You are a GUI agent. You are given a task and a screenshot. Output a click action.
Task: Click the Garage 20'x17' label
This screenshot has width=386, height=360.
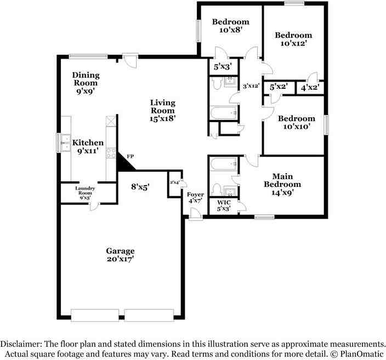click(x=121, y=255)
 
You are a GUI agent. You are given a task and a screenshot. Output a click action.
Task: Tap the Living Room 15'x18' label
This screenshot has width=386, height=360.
click(x=162, y=111)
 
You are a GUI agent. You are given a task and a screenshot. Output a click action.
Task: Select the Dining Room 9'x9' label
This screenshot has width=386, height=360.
click(x=86, y=83)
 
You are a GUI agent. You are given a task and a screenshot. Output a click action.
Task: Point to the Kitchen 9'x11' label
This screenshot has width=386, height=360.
click(x=88, y=146)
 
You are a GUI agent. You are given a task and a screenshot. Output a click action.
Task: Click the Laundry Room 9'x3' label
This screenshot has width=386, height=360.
click(x=85, y=193)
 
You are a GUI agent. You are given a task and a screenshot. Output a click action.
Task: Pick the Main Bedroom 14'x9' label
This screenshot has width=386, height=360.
click(x=282, y=184)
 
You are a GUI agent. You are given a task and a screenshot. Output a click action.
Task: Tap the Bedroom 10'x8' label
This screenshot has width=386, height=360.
click(x=231, y=26)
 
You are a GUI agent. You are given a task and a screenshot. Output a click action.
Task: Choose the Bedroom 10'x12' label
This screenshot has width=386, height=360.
click(x=293, y=39)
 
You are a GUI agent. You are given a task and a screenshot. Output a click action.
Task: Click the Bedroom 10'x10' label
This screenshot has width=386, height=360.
click(x=297, y=122)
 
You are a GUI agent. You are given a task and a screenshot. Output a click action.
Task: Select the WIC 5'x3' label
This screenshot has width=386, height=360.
click(x=224, y=205)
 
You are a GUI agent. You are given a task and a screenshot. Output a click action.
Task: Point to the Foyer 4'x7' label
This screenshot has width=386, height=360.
click(x=195, y=198)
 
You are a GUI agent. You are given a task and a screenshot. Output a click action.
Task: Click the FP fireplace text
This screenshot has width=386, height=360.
click(x=130, y=156)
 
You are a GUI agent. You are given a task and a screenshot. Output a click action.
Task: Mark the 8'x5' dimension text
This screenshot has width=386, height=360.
click(x=140, y=187)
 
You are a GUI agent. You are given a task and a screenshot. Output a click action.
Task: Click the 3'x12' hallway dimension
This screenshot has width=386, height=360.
click(x=251, y=86)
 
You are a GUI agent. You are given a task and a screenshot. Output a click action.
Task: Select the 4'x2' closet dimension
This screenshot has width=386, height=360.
click(x=310, y=87)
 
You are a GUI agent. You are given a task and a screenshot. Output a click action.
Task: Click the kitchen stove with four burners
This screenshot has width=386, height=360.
click(x=111, y=153)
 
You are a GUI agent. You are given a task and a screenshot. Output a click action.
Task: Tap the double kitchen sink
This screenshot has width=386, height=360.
click(x=65, y=142)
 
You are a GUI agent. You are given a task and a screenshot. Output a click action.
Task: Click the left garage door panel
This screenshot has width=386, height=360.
click(x=95, y=315)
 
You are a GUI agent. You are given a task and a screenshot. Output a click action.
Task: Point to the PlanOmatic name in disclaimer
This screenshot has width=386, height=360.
click(x=362, y=354)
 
